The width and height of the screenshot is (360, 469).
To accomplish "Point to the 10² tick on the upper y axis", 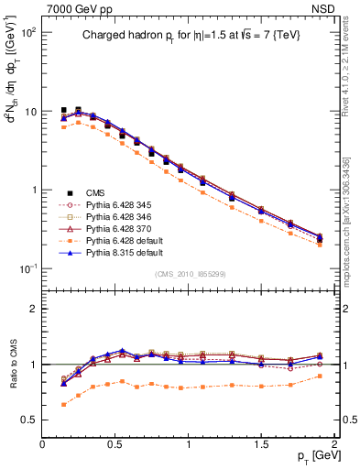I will point(29,32).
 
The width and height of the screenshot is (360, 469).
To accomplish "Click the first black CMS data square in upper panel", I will point(63,110).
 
